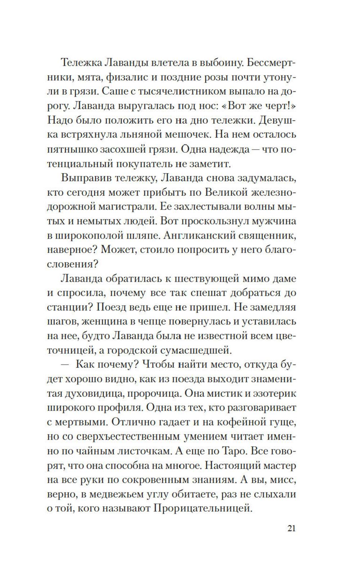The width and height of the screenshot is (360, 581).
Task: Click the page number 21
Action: click(x=291, y=528)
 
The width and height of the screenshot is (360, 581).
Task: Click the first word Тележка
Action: click(x=81, y=63)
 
